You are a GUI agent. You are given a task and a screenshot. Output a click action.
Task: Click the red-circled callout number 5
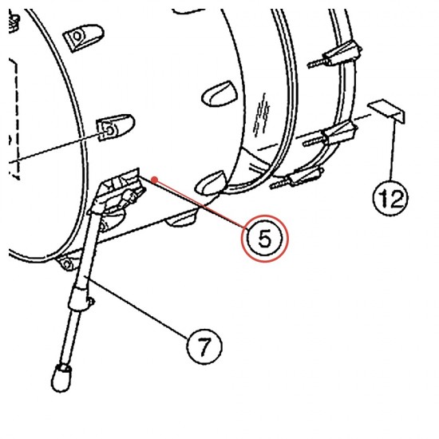(x=265, y=239)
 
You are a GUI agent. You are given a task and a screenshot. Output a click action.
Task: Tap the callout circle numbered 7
(x=204, y=346)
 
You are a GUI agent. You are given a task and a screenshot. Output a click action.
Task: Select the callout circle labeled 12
(x=390, y=198)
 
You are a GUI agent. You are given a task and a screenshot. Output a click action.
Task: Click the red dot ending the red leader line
(x=154, y=179)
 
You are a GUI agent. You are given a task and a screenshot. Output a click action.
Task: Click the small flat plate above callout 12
(x=386, y=111)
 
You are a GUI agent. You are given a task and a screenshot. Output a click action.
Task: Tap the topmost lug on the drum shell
(x=83, y=38)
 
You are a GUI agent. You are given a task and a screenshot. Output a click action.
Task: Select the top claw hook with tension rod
(x=334, y=54)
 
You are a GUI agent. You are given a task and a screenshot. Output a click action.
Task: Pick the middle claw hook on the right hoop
(x=330, y=134)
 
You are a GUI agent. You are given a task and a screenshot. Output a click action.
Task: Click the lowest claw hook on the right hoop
(x=297, y=177)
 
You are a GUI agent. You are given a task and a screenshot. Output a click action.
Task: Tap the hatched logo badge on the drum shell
(x=262, y=116)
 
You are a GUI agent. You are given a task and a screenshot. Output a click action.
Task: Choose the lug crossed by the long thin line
(x=115, y=127)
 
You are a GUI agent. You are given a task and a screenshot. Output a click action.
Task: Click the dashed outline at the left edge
(x=14, y=119)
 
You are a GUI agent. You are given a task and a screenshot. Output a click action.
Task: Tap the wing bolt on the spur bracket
(x=132, y=196)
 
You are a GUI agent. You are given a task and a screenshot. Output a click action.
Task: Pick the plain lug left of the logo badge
(x=219, y=94)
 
